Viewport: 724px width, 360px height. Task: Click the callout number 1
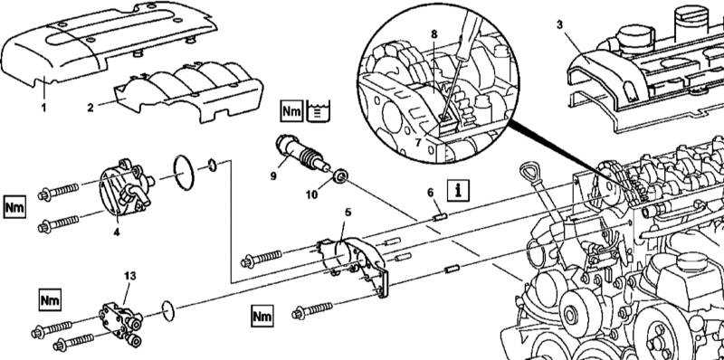43,108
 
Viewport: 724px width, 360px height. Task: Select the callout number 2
90,108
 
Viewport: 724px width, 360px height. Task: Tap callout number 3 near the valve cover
559,24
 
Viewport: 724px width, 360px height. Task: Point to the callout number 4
117,232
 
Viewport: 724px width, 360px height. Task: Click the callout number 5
348,213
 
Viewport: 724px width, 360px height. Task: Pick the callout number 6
431,193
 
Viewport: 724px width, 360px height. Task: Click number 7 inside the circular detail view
418,142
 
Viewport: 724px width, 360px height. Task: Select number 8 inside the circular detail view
434,33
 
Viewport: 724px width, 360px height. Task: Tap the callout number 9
273,175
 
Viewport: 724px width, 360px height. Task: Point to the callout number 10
311,194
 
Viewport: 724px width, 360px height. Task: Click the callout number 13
130,276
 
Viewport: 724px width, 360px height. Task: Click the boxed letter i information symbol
458,190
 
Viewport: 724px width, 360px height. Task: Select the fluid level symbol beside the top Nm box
319,110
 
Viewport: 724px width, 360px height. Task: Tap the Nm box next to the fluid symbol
291,110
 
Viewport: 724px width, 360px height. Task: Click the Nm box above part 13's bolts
50,300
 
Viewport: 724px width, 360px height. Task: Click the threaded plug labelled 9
302,153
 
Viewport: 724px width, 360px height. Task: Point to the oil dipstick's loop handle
529,170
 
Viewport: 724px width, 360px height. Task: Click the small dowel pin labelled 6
441,215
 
